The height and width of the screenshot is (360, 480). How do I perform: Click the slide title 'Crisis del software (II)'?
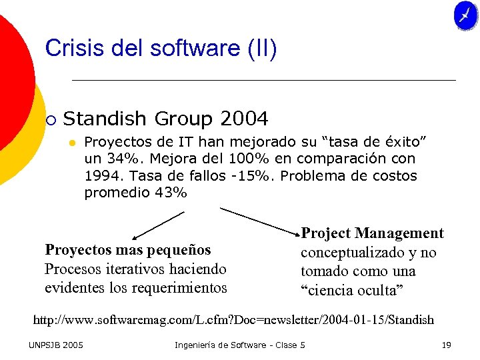(161, 49)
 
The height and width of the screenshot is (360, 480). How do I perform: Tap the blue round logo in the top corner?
(465, 16)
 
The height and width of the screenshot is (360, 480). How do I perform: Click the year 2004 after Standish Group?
(243, 119)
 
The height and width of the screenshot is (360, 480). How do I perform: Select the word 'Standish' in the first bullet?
(105, 119)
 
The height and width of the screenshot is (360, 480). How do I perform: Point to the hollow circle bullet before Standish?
(51, 120)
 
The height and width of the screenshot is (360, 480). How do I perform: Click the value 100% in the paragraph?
(247, 159)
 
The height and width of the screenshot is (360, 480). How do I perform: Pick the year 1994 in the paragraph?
(103, 177)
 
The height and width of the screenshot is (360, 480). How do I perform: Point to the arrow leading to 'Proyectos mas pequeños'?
(157, 225)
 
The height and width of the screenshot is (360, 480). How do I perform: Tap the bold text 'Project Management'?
(372, 233)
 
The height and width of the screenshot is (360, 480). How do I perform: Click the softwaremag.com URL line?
(233, 320)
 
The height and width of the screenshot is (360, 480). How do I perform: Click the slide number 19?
(446, 345)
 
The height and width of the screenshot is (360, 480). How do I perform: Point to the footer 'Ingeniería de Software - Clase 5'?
(239, 345)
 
